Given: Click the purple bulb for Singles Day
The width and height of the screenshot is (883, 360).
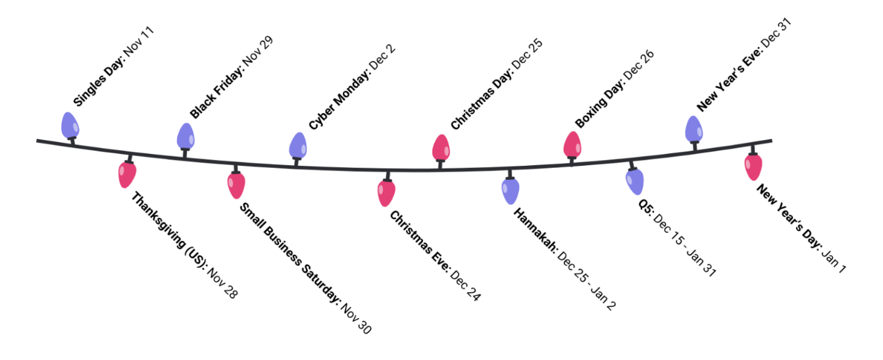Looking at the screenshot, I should click(x=70, y=125).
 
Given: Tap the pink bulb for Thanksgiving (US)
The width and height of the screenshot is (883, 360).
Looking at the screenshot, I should click(x=127, y=174).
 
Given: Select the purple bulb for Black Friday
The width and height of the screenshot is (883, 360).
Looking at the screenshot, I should click(x=186, y=136).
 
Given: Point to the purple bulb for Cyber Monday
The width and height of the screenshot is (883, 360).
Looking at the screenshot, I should click(x=298, y=145).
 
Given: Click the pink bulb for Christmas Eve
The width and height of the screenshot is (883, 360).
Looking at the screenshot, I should click(x=386, y=192).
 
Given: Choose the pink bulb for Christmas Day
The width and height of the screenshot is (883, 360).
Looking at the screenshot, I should click(x=441, y=147).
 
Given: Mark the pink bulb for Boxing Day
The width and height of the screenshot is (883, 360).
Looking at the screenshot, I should click(x=572, y=145).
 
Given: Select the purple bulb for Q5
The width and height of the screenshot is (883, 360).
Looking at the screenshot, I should click(x=635, y=182).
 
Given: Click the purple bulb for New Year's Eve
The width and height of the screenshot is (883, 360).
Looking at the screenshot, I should click(x=694, y=129).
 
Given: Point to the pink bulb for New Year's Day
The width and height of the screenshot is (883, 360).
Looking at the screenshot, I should click(x=753, y=167).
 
